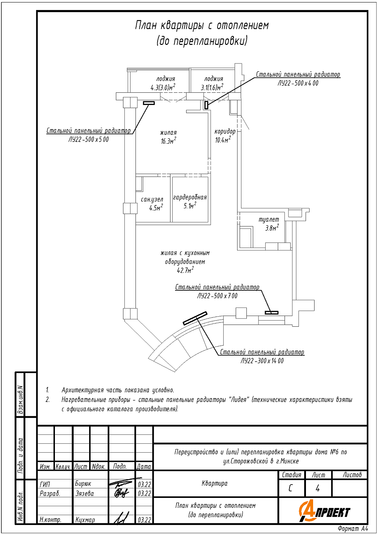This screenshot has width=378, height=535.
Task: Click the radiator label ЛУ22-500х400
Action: pyautogui.click(x=298, y=83)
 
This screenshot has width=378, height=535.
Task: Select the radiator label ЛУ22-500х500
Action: pyautogui.click(x=88, y=139)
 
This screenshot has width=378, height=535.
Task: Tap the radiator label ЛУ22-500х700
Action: pyautogui.click(x=217, y=296)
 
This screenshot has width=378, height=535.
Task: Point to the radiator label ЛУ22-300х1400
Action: pyautogui.click(x=262, y=361)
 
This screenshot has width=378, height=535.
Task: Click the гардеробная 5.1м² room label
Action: pyautogui.click(x=190, y=202)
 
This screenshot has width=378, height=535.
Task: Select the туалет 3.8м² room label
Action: pyautogui.click(x=269, y=224)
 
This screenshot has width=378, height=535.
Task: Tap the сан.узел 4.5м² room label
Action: pyautogui.click(x=152, y=204)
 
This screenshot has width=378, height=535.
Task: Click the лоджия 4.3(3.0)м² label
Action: pyautogui.click(x=165, y=83)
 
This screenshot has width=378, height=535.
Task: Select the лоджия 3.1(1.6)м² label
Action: pyautogui.click(x=213, y=83)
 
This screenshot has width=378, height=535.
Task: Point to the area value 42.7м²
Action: pyautogui.click(x=185, y=270)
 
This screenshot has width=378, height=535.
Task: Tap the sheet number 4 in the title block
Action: pyautogui.click(x=318, y=488)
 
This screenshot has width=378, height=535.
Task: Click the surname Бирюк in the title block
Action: pyautogui.click(x=83, y=484)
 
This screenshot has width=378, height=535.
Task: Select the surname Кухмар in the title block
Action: pyautogui.click(x=85, y=520)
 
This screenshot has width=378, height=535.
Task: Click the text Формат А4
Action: pyautogui.click(x=353, y=529)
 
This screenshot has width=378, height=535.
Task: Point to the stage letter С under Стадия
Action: pyautogui.click(x=291, y=488)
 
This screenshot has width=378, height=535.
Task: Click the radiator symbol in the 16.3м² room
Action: pyautogui.click(x=149, y=103)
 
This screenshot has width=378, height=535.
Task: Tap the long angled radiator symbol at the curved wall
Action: pyautogui.click(x=195, y=318)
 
